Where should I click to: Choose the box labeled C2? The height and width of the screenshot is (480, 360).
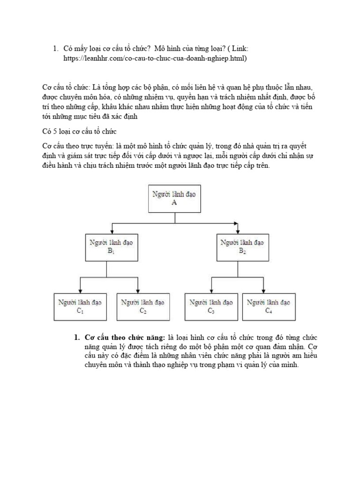pos(142,306)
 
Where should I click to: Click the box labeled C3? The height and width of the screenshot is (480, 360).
pos(211,306)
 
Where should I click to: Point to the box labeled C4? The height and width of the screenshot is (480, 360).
pos(268,306)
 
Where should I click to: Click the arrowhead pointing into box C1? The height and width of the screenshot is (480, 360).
pos(81,291)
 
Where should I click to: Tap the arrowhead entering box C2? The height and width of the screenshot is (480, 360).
pos(138,291)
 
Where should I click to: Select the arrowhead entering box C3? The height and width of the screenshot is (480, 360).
pos(211,291)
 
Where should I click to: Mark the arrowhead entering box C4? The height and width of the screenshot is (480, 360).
pos(268,291)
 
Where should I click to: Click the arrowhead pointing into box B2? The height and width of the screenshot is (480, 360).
pos(239,231)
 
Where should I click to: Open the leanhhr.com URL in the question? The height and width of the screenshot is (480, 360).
pos(155,58)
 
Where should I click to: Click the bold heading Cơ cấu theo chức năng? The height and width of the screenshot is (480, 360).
pos(124,337)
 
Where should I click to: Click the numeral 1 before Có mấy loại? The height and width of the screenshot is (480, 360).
pos(55,49)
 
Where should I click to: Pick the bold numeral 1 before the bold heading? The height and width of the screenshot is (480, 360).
pos(76,337)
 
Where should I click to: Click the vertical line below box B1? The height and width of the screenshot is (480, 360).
pos(107,269)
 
